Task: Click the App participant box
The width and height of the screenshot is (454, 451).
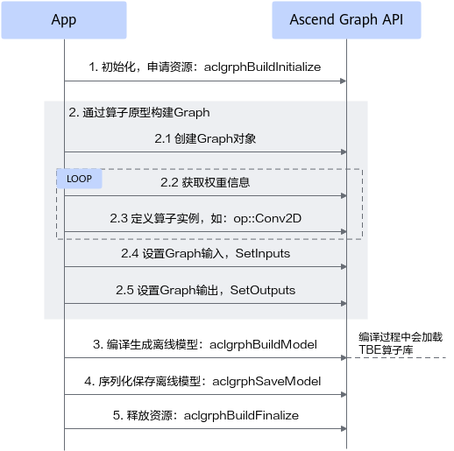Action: tap(64, 20)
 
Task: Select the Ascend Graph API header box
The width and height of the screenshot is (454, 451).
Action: tap(346, 20)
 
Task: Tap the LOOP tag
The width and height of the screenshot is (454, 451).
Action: tap(79, 179)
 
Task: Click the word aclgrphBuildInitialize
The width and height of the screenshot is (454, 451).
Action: tap(262, 67)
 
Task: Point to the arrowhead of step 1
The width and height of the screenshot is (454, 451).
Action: tap(344, 81)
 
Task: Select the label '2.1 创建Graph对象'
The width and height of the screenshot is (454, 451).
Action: tap(205, 138)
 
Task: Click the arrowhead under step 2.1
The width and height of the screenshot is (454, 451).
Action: tap(344, 152)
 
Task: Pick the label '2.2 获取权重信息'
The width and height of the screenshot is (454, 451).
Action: tap(205, 182)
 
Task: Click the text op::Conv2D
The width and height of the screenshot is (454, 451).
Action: tap(267, 218)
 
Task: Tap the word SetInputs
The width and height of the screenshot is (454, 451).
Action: tap(263, 253)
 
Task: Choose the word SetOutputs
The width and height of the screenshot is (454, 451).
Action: tap(263, 290)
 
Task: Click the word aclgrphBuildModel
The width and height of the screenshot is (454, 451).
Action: tap(263, 344)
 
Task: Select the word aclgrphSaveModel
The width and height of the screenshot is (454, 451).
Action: tap(266, 381)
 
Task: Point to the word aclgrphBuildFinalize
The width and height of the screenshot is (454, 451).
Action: tap(241, 415)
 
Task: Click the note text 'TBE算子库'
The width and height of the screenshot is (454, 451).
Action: tap(386, 349)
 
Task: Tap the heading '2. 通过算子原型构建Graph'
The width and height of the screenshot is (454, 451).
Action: tap(139, 112)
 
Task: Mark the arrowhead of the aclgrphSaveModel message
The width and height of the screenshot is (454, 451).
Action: tap(344, 395)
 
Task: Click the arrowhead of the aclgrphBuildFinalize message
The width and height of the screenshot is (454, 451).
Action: tap(344, 429)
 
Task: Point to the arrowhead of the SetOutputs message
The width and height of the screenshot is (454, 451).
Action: tap(344, 304)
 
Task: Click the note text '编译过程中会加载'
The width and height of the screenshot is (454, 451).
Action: tap(401, 337)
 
